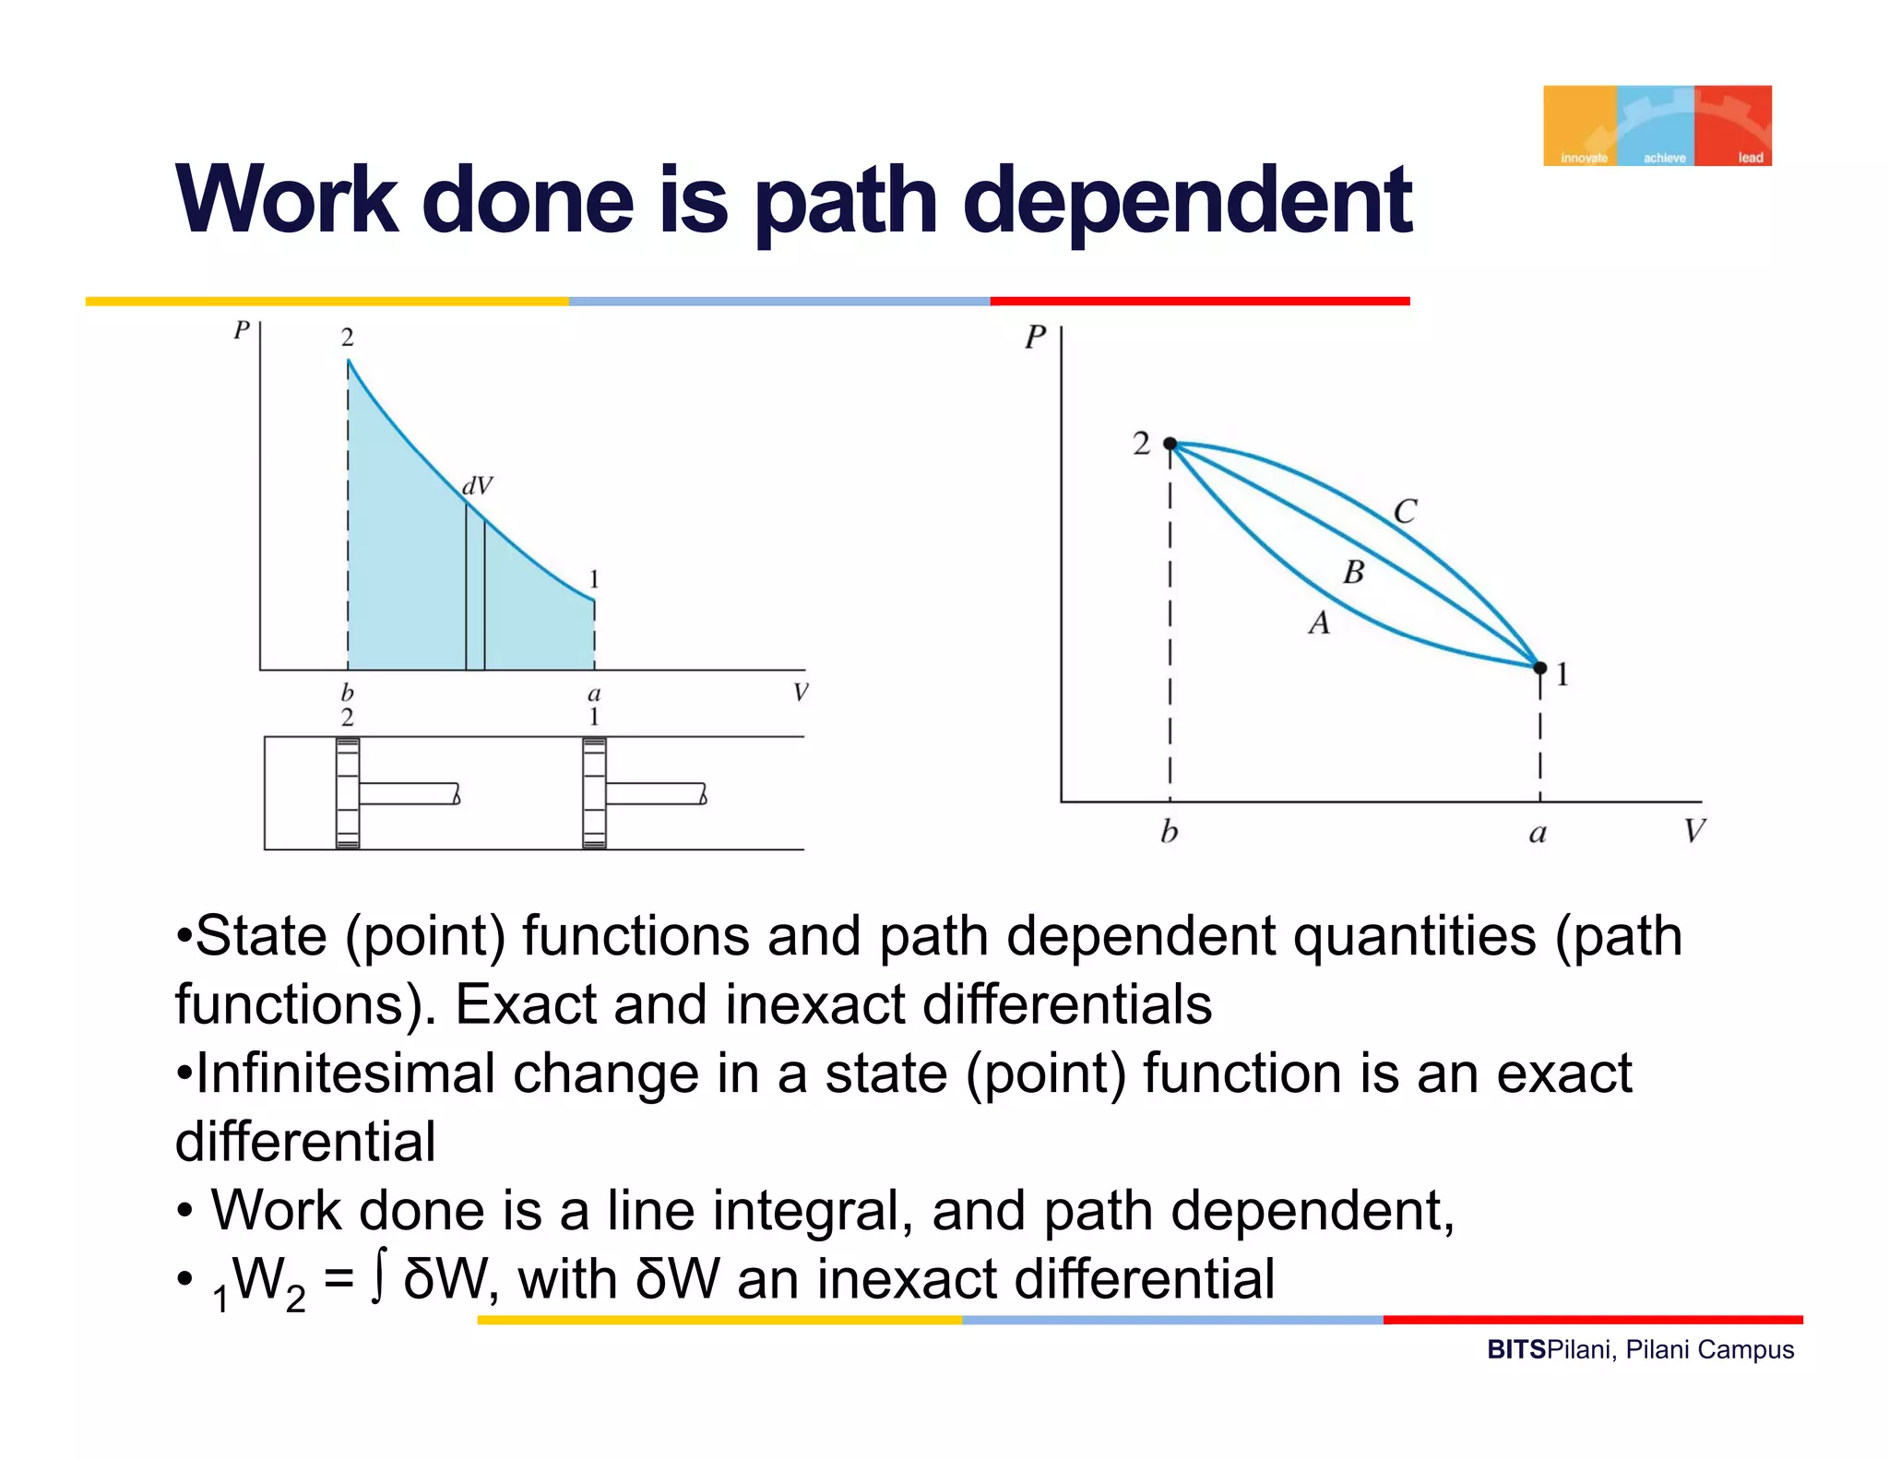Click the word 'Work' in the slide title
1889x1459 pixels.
tap(287, 200)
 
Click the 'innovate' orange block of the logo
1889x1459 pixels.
tap(1580, 126)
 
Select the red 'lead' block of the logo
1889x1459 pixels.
tap(1735, 126)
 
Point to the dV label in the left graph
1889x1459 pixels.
tap(477, 486)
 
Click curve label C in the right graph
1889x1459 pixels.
tap(1404, 512)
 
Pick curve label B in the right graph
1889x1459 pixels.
tap(1353, 573)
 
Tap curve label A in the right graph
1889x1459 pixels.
tap(1319, 623)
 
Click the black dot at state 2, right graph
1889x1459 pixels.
tap(1170, 445)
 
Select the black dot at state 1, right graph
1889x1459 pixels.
tap(1539, 667)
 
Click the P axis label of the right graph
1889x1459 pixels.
tap(1035, 338)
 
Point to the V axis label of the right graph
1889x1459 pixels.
tap(1694, 832)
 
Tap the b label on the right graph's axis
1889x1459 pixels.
tap(1169, 832)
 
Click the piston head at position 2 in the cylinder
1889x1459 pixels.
tap(348, 793)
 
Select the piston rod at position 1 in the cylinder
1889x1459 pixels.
tap(656, 793)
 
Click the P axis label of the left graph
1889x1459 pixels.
tap(242, 330)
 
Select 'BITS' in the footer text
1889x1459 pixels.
tap(1515, 1350)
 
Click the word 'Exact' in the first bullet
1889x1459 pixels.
tap(525, 1004)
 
